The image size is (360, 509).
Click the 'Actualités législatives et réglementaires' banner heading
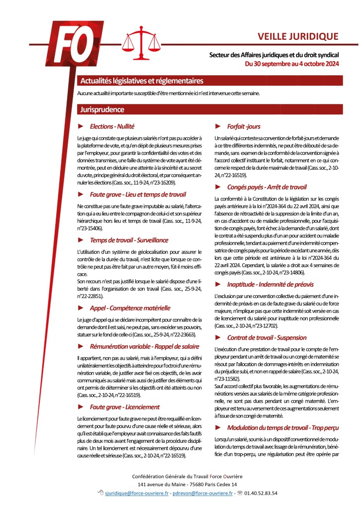pyautogui.click(x=142, y=81)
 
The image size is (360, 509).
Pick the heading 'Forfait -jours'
pyautogui.click(x=244, y=127)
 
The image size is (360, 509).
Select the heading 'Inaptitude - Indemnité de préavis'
pyautogui.click(x=270, y=284)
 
